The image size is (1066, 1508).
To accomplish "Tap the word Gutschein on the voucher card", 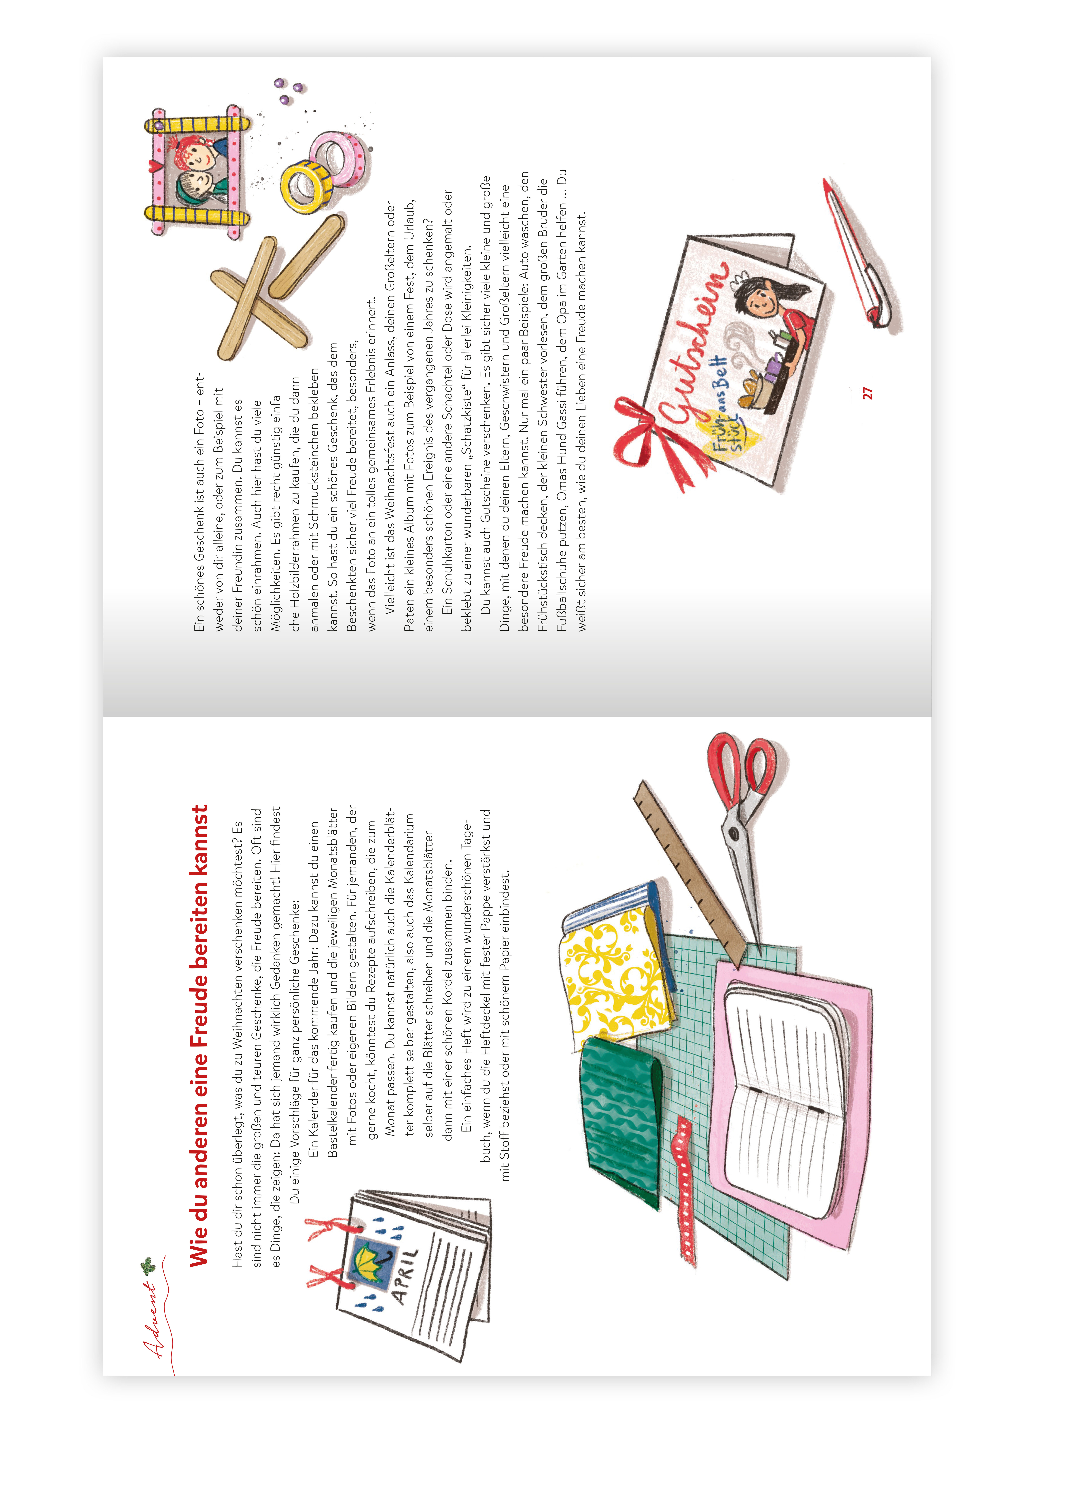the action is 695,342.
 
